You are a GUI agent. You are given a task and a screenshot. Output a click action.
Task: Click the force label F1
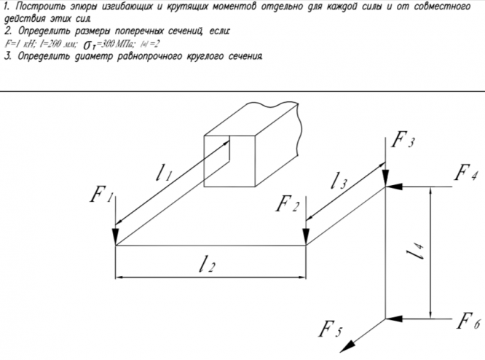pos(100,195)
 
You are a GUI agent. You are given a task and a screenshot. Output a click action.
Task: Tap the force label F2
pos(288,204)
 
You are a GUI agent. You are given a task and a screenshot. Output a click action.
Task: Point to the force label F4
pos(466,173)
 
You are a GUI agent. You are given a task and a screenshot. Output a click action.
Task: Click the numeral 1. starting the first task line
pos(7,7)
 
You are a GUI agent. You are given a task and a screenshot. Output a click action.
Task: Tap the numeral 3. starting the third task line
pos(7,56)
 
